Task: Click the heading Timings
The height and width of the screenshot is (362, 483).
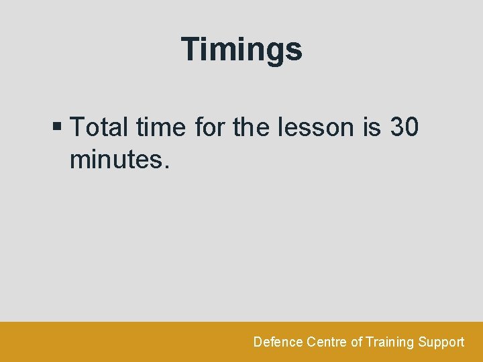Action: tap(241, 50)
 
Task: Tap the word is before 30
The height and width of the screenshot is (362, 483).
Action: tap(372, 127)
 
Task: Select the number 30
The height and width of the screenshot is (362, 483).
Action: tap(405, 127)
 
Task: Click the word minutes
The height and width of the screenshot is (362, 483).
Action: tap(115, 160)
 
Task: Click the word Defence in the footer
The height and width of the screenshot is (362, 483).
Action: tap(278, 342)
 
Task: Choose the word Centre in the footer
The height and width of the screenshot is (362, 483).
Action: tap(327, 342)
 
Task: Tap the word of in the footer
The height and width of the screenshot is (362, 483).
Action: tap(356, 342)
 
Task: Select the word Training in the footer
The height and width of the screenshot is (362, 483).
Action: tap(390, 342)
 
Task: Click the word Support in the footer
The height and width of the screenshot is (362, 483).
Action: tap(441, 342)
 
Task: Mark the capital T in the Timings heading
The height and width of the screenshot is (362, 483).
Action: tap(193, 49)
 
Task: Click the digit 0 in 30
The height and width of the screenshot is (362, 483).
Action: tap(413, 127)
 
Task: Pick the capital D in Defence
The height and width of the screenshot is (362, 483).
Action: tap(258, 342)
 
